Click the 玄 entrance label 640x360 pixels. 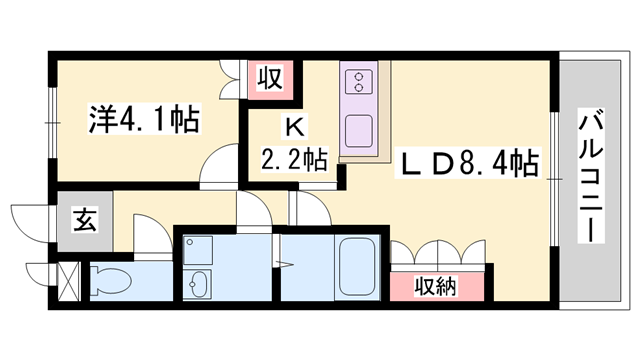tap(85, 222)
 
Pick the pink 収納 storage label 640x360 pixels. tap(437, 287)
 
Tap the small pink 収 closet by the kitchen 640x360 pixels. tap(270, 77)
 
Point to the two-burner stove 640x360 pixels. tap(357, 81)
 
